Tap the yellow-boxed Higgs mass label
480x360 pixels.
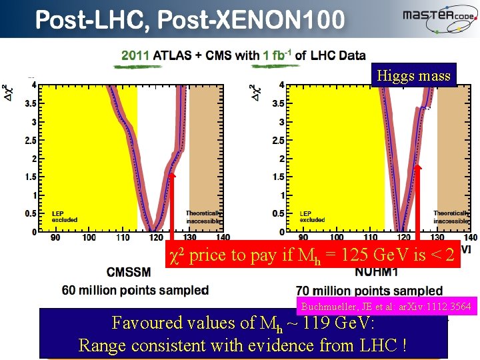413,76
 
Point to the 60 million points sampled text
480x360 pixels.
135,290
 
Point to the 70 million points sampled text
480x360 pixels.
369,291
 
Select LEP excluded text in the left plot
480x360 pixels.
65,216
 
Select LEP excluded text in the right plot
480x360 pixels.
312,216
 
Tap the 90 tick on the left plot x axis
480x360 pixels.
55,238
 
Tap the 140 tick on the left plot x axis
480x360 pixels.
223,238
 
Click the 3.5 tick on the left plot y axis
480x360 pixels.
30,104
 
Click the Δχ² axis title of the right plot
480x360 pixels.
255,93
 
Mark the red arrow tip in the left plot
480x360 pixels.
171,175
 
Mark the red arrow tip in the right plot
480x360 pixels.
418,167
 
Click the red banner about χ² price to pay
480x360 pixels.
313,254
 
